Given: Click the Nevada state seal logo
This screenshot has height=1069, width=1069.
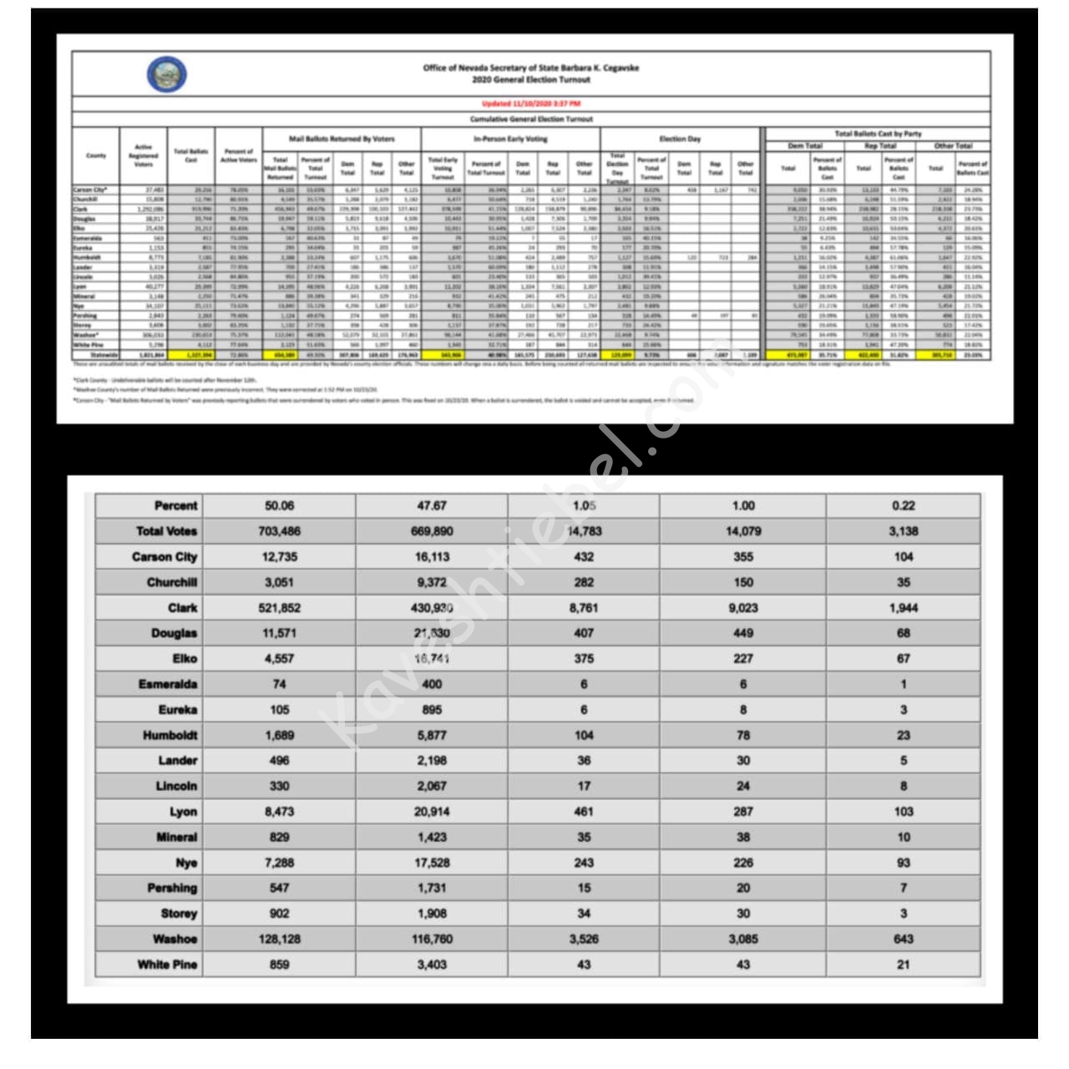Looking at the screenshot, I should tap(166, 74).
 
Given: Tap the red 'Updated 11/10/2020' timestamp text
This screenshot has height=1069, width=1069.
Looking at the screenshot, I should tap(530, 104).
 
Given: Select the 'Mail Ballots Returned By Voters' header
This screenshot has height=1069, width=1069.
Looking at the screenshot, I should tap(342, 139).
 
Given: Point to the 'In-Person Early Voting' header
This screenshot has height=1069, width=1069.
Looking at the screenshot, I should tap(510, 139).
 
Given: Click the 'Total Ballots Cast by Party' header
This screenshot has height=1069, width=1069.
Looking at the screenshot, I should tap(878, 134).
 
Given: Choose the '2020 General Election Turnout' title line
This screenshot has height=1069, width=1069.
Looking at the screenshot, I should tap(530, 80).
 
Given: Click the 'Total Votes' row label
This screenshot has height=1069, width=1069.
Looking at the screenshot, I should tap(166, 531).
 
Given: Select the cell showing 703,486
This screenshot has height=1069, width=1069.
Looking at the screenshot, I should tap(279, 531).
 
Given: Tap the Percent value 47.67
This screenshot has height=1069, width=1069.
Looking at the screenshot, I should tap(432, 505).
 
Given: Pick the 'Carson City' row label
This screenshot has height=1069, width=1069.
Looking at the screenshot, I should tap(165, 557).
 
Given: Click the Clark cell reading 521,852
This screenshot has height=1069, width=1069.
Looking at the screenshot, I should tap(279, 608).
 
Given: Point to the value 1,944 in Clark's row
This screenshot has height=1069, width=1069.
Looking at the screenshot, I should tap(903, 608).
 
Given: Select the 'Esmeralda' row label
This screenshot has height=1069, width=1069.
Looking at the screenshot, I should tap(168, 684).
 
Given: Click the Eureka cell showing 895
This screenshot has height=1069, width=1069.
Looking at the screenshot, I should tap(432, 710).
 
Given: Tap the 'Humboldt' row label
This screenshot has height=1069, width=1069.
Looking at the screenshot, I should tap(170, 735).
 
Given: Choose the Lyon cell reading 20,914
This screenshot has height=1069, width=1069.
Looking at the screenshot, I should tap(432, 812).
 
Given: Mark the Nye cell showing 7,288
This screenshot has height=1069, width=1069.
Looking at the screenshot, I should tap(279, 863).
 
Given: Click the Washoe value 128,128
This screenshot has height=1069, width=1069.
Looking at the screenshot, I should tap(279, 939).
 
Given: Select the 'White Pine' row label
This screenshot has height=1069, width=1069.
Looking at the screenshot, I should tap(167, 965).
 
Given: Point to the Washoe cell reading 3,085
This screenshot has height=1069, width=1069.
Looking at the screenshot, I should tap(742, 939).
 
